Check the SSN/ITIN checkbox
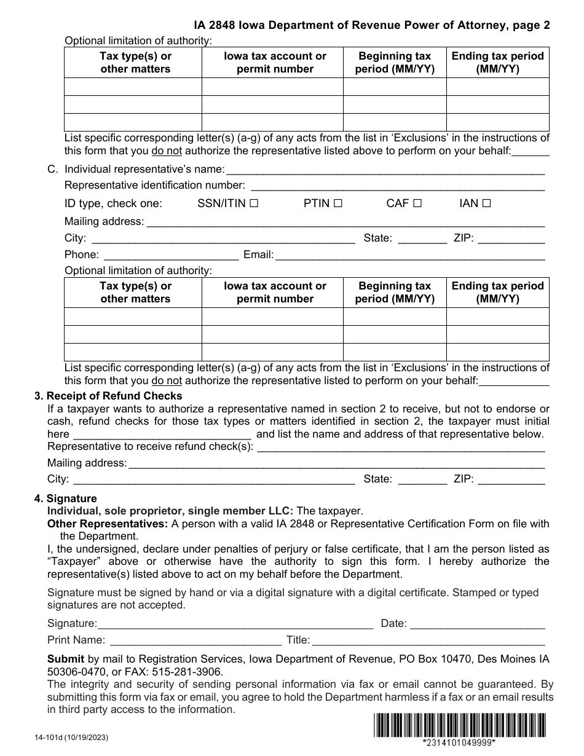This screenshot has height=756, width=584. click(x=254, y=203)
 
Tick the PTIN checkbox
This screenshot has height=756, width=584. click(x=337, y=203)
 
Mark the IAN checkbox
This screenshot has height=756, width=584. click(x=486, y=203)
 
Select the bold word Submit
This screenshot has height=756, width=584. click(x=66, y=659)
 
